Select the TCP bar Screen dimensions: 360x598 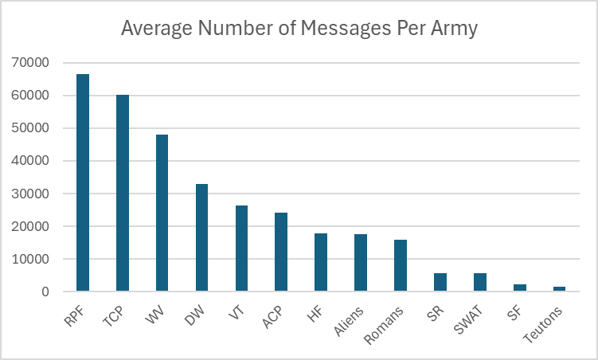[x=123, y=194]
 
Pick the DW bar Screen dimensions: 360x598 [x=201, y=238]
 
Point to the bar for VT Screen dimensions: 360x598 [x=241, y=248]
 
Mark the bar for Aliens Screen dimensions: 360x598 [x=361, y=263]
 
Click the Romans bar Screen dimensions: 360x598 [x=400, y=266]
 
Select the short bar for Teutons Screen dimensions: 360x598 [x=559, y=289]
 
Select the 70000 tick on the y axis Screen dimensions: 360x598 [x=29, y=63]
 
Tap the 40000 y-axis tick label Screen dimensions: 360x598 [x=29, y=161]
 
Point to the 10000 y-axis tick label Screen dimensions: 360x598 [x=29, y=260]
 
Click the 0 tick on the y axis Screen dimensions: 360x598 [x=45, y=292]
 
